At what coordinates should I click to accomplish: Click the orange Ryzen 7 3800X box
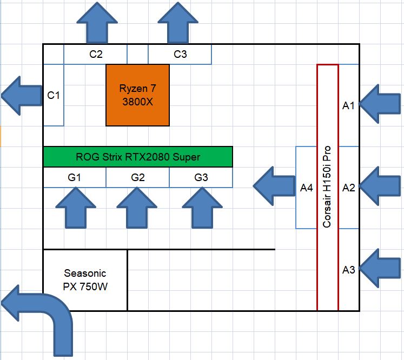pyautogui.click(x=137, y=95)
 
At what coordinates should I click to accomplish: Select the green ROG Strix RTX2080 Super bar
pyautogui.click(x=138, y=157)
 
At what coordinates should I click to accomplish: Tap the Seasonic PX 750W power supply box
pyautogui.click(x=85, y=280)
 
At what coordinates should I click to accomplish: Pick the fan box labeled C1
pyautogui.click(x=54, y=95)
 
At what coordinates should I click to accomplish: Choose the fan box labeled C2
pyautogui.click(x=96, y=54)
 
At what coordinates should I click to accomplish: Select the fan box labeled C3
pyautogui.click(x=180, y=54)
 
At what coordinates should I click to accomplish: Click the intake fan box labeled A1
pyautogui.click(x=349, y=105)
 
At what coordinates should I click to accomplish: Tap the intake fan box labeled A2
pyautogui.click(x=349, y=188)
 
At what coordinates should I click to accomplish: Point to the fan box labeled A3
pyautogui.click(x=349, y=270)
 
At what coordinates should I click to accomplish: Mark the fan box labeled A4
pyautogui.click(x=306, y=188)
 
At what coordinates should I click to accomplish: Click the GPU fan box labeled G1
pyautogui.click(x=75, y=177)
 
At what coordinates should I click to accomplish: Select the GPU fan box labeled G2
pyautogui.click(x=138, y=177)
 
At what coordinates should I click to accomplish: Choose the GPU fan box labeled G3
pyautogui.click(x=201, y=177)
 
